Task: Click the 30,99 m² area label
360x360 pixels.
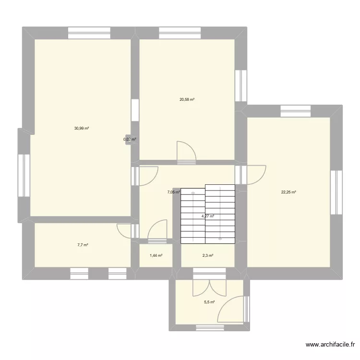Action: tap(82, 128)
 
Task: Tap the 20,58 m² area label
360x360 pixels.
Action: tap(187, 100)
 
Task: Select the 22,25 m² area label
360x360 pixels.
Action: tap(288, 192)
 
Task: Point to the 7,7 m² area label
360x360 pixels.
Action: tap(83, 245)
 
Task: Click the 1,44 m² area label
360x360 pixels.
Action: tap(156, 255)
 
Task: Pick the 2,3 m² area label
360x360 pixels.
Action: tap(207, 255)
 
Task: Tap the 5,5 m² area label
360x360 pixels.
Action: tap(209, 302)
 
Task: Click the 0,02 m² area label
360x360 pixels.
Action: tap(130, 140)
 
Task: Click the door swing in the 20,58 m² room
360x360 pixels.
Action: tap(186, 151)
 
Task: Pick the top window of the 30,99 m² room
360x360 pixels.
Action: tap(89, 33)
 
